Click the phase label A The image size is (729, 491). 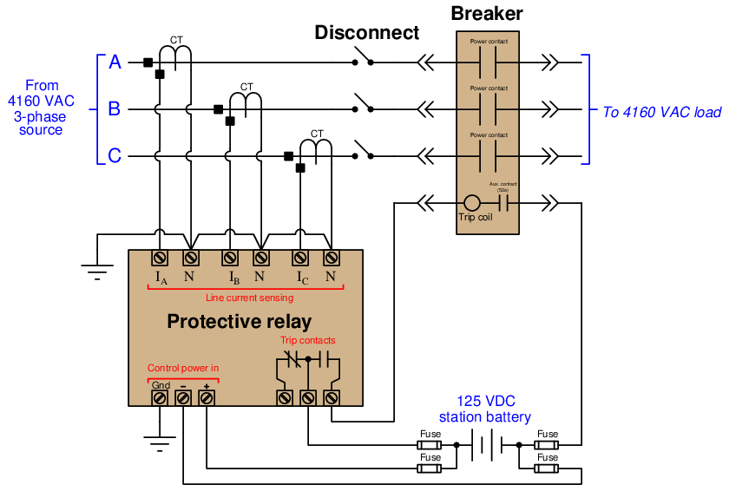(x=115, y=62)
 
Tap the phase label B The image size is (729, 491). (x=115, y=109)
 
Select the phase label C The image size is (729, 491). (x=115, y=156)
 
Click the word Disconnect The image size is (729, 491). (x=366, y=33)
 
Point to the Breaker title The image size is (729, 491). (x=486, y=14)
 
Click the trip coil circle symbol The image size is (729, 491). (x=474, y=203)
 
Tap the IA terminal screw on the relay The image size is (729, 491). (x=161, y=258)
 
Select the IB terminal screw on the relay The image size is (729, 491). (x=230, y=258)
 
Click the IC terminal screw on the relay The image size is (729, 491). (x=300, y=258)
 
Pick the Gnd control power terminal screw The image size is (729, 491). (x=161, y=397)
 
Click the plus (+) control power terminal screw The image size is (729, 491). (x=207, y=397)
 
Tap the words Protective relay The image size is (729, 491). (x=239, y=323)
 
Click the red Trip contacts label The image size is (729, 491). (x=307, y=340)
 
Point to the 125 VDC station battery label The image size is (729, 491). (x=496, y=409)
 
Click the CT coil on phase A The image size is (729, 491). (x=180, y=54)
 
